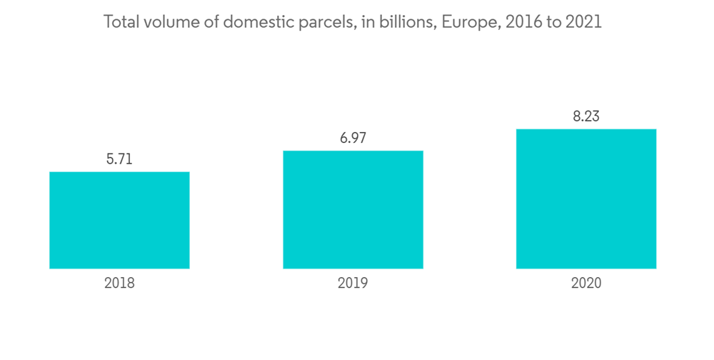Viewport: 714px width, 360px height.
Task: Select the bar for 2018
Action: [119, 220]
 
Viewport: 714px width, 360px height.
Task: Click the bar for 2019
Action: [353, 209]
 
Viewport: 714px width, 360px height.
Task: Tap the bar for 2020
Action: [586, 199]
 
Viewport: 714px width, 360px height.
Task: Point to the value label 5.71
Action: [119, 160]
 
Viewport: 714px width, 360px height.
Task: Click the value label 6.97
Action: [353, 139]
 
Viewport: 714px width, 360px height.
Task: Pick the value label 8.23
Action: [586, 117]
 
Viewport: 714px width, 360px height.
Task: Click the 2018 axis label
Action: [119, 283]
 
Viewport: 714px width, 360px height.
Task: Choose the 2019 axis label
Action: [353, 283]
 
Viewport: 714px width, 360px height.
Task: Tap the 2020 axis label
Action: [586, 283]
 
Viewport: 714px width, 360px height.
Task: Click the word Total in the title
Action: [120, 22]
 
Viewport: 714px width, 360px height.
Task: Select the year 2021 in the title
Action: [583, 22]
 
